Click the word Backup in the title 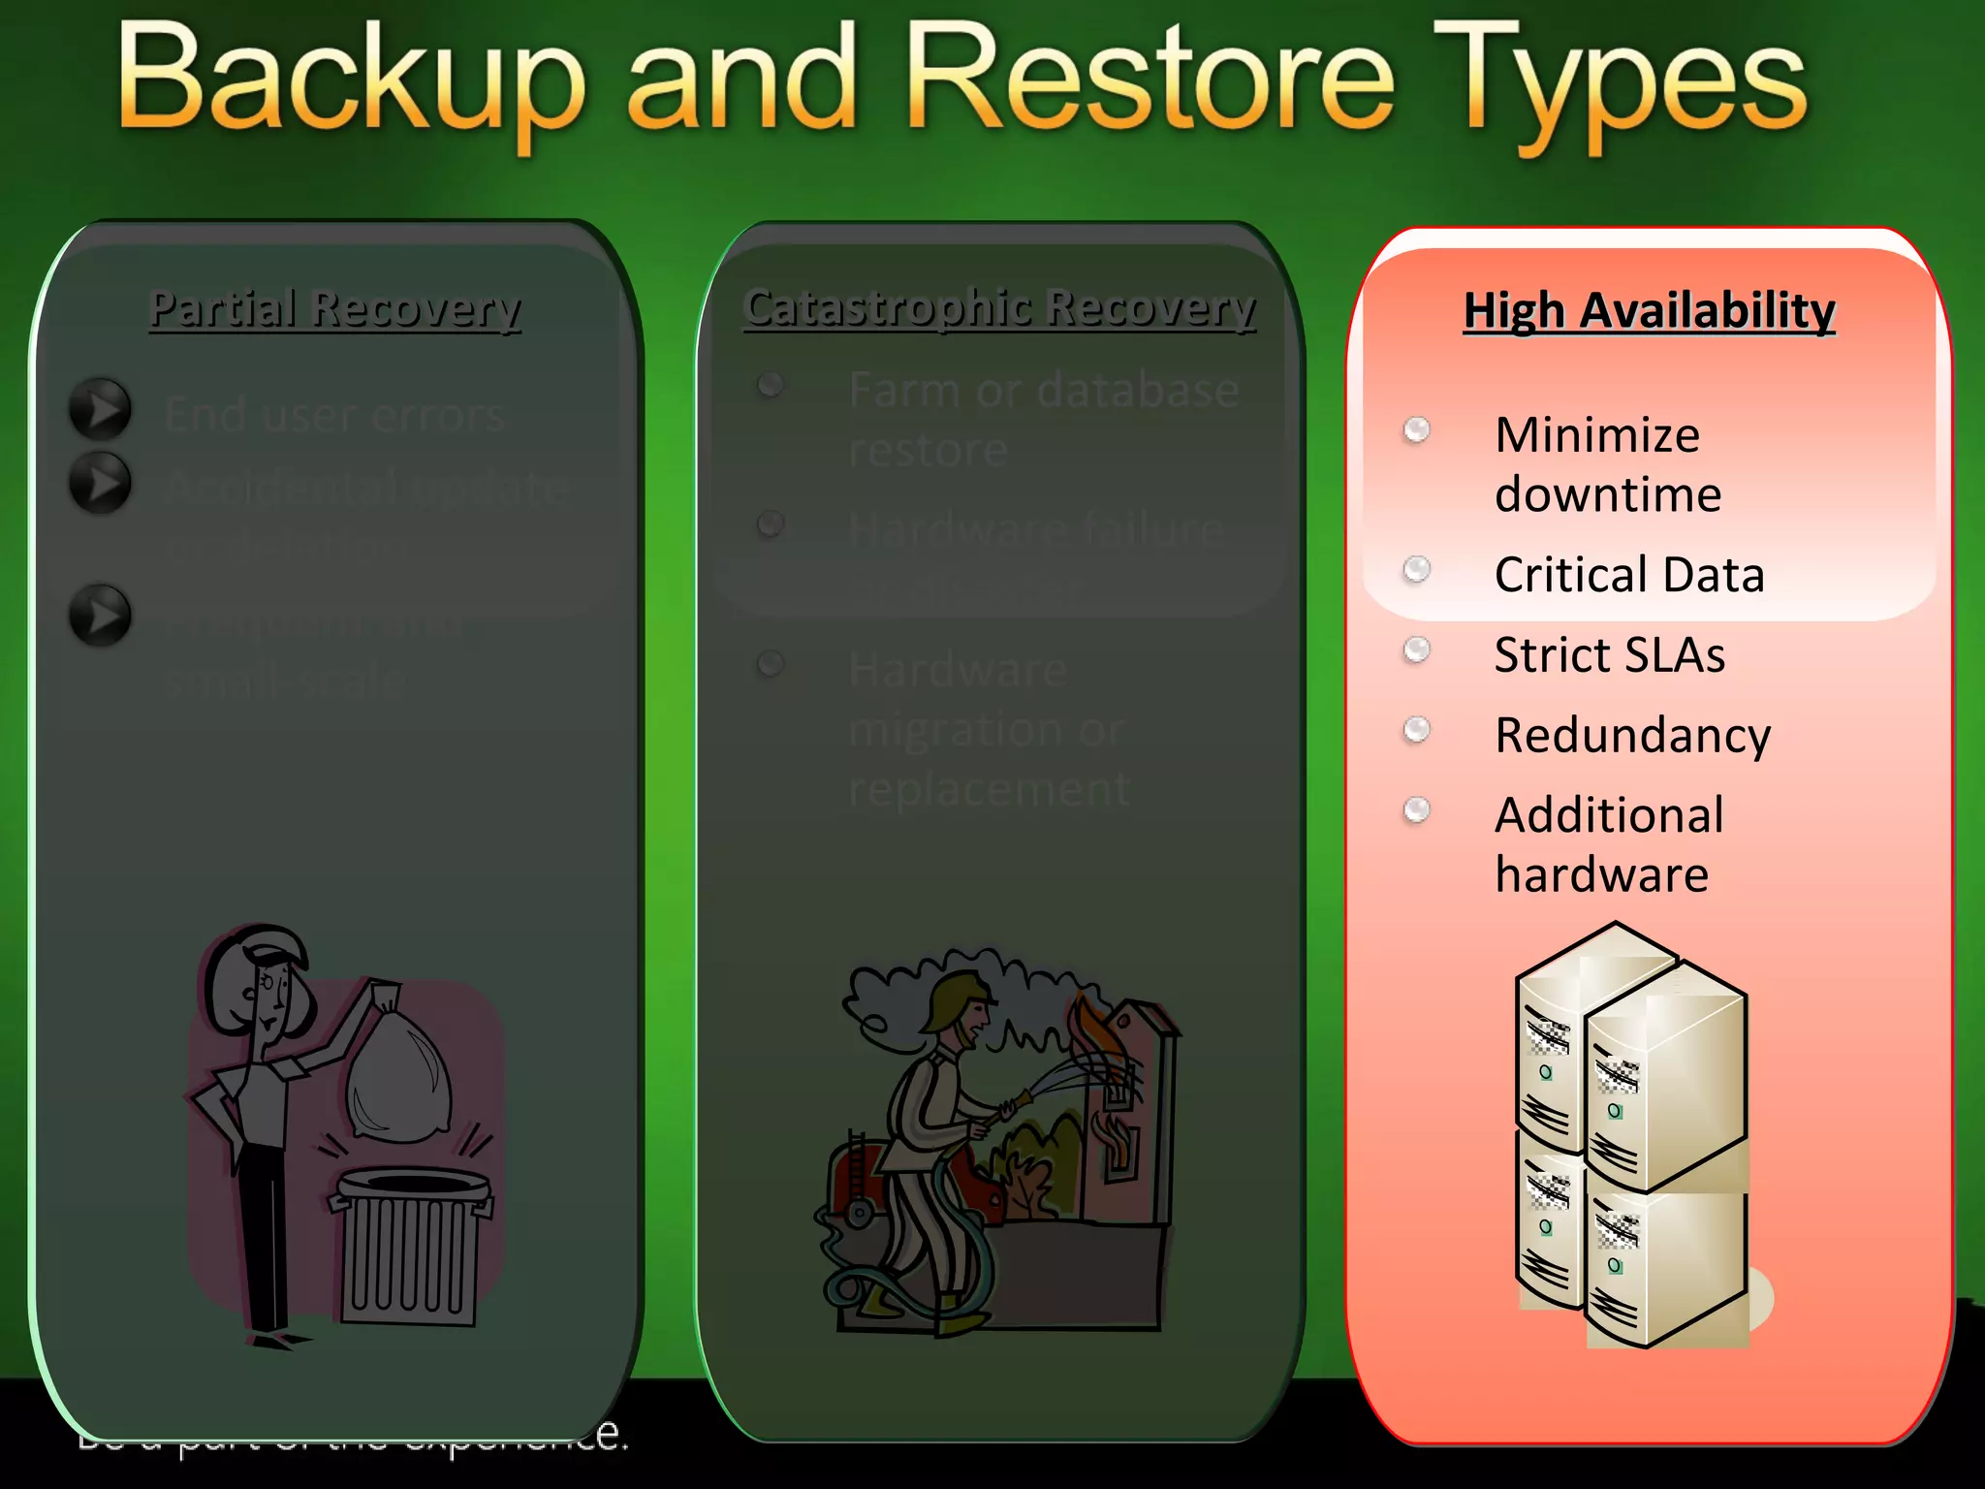(351, 79)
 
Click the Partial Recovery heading (334, 309)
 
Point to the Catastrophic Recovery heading (999, 307)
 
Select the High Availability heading (1649, 311)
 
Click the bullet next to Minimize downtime (1417, 429)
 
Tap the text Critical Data (1629, 575)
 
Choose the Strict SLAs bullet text (1609, 655)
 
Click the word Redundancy (1632, 736)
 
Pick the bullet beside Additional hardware (1417, 809)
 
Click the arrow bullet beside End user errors (100, 409)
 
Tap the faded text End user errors (334, 415)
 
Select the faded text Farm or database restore (1042, 419)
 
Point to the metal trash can (412, 1246)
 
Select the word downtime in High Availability (1608, 495)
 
